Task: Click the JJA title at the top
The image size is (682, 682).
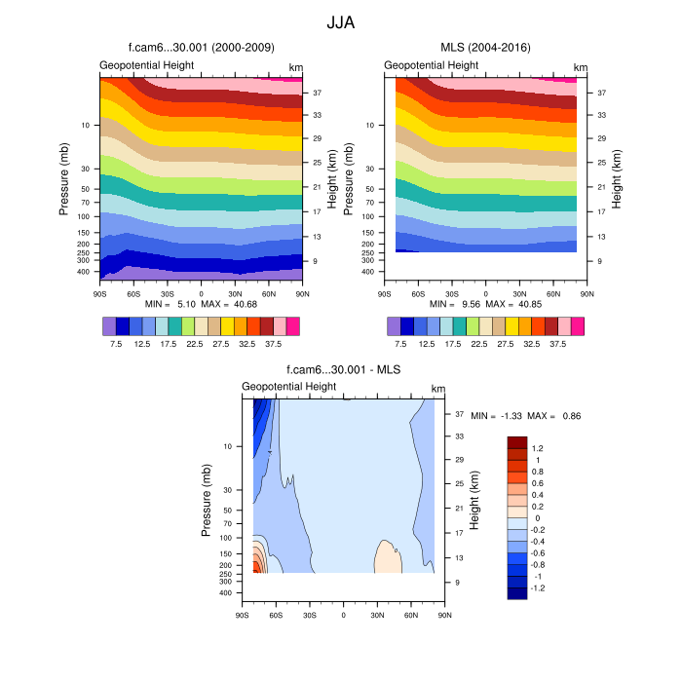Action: pos(341,20)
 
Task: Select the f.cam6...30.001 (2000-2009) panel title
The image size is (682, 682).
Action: pos(201,47)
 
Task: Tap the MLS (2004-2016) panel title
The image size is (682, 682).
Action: pos(484,47)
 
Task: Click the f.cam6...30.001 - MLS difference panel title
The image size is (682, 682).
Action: pos(344,370)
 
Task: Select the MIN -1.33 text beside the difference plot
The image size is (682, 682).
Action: pos(497,416)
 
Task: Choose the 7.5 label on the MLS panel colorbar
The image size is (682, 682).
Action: pos(400,344)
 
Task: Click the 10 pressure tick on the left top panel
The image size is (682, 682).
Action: pos(86,126)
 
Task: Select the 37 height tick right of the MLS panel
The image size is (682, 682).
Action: pos(602,93)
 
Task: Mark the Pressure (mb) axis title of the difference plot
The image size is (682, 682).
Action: pos(207,500)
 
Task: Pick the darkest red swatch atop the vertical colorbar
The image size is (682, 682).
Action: pos(517,441)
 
